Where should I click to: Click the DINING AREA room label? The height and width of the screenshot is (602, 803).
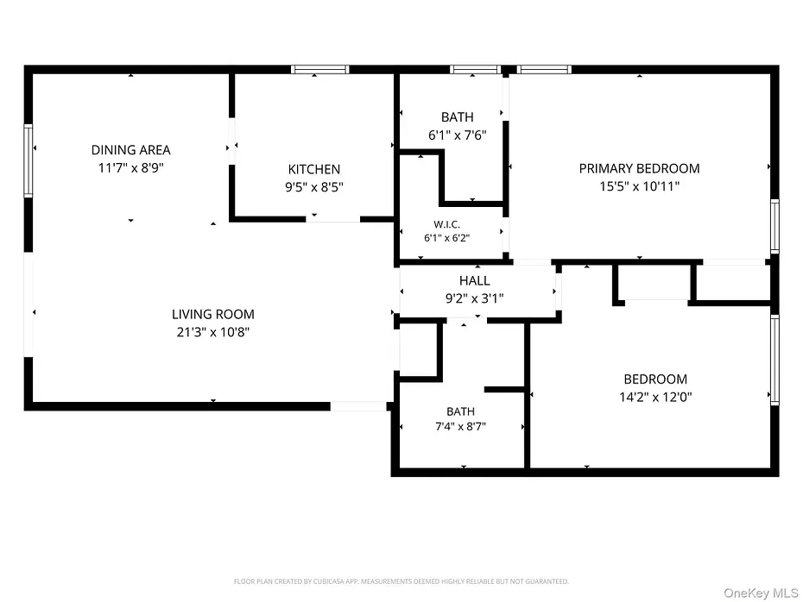coord(130,150)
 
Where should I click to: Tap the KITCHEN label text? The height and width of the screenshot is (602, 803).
coord(314,169)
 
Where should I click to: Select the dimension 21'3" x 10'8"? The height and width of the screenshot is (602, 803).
coord(213,332)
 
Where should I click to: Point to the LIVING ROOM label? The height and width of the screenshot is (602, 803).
coord(213,314)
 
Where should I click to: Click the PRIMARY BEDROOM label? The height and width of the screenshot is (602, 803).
coord(639,168)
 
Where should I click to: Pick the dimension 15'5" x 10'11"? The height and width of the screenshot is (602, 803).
coord(639,186)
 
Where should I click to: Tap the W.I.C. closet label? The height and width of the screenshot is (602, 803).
coord(446,224)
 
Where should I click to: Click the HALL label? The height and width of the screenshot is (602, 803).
coord(474,280)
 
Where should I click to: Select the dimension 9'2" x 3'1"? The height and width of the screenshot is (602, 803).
coord(474,298)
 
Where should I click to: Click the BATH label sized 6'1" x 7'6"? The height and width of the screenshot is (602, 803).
coord(458,117)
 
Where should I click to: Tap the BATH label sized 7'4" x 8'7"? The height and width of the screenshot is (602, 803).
coord(460,411)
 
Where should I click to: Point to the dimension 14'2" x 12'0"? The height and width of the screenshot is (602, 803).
coord(655,397)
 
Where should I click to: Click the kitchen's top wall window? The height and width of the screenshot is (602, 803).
coord(320,70)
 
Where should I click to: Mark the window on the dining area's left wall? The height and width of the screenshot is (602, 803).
coord(28,160)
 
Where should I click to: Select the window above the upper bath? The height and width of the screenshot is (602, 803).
coord(475,70)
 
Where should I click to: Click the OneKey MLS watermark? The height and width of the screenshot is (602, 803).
coord(761,593)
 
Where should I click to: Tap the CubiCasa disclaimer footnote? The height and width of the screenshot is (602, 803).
coord(401,581)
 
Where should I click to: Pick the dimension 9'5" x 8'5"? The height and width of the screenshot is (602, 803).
coord(314,187)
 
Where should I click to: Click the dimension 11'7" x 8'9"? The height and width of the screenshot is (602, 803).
coord(130,168)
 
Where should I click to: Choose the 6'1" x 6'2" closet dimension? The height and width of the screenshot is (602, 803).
coord(446,238)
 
